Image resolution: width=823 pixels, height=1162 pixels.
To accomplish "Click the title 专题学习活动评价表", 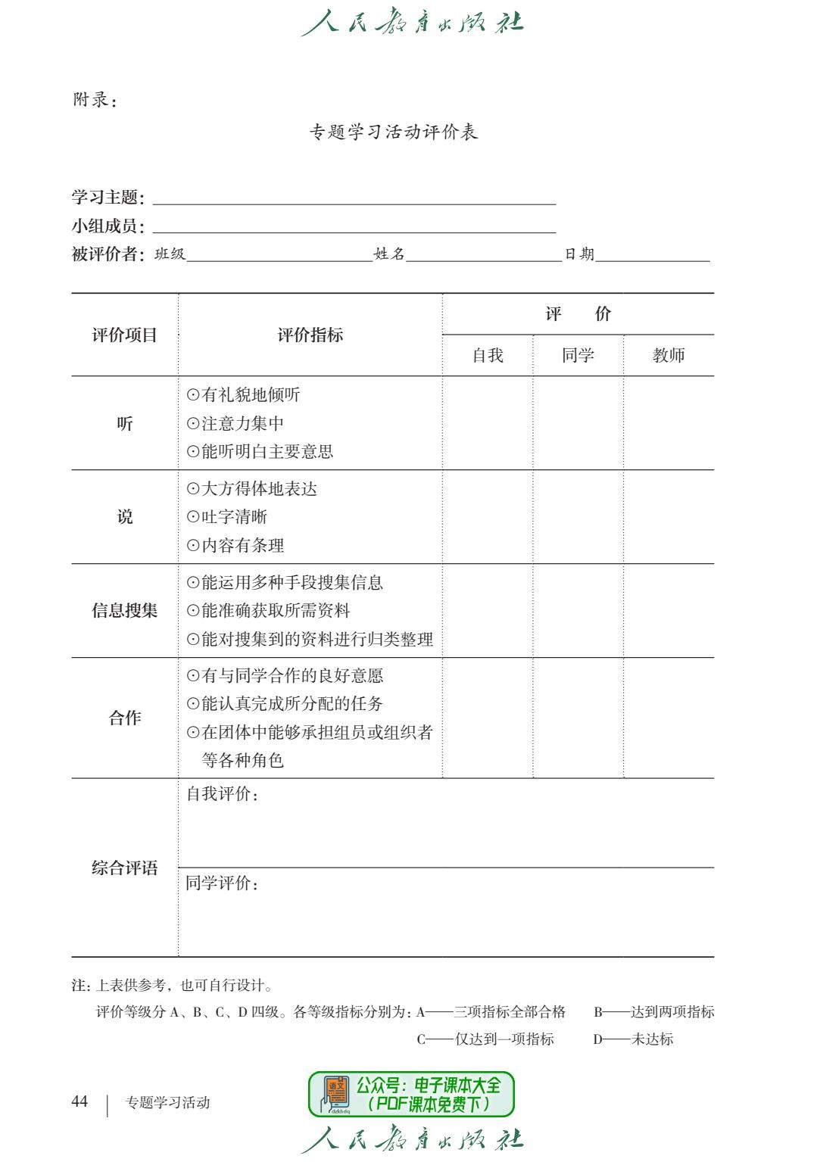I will point(394,132).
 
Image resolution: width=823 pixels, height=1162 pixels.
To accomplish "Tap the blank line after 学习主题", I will point(354,198).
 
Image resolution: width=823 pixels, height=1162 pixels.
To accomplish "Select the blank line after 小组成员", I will point(354,226).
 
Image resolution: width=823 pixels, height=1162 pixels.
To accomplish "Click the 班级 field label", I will point(170,254).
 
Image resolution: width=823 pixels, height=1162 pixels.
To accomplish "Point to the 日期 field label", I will point(579,254).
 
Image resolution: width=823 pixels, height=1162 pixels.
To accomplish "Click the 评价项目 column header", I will point(125,335).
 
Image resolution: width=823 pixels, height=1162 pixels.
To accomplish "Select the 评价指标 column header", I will point(310,335).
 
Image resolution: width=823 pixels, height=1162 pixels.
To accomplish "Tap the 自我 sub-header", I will point(488,355).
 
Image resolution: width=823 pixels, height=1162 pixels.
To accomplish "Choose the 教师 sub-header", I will point(669,355).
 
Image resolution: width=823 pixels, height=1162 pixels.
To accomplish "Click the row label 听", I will point(125,424).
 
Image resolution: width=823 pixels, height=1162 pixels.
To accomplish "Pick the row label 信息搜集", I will point(125,611).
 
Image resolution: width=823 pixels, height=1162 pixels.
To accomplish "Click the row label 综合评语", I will point(125,868).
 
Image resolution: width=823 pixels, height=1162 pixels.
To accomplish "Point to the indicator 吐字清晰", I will point(234,517).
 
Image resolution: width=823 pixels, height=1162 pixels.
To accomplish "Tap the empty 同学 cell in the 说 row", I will point(578,517).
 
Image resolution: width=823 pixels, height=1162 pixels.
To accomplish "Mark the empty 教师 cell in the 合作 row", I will point(669,718).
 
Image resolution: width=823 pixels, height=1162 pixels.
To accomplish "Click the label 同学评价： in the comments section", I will point(223,883).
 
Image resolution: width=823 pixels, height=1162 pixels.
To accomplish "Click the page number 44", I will point(79,1101).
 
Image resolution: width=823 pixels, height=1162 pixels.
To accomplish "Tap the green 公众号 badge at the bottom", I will point(411,1094).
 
